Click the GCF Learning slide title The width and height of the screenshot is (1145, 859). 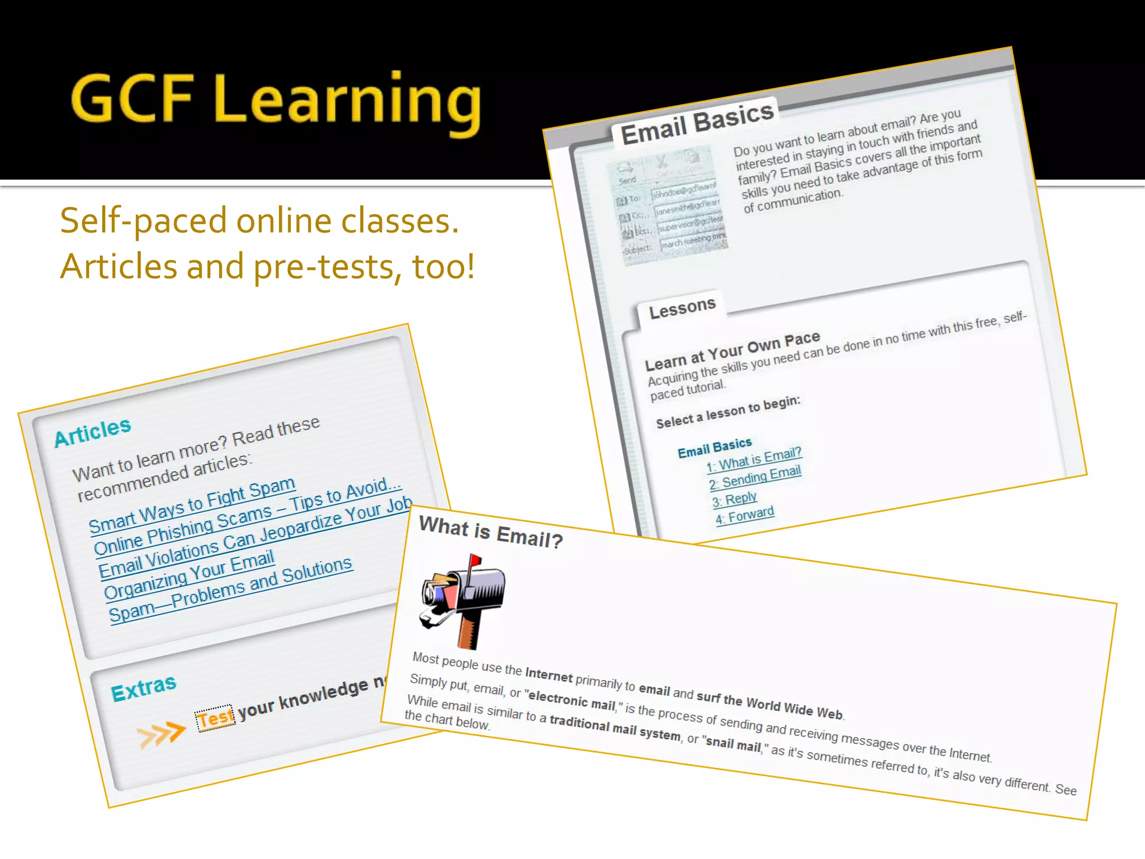tap(276, 100)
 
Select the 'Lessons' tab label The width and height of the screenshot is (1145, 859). tap(682, 308)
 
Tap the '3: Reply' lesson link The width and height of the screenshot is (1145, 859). tap(735, 498)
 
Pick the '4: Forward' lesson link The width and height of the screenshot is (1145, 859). tap(745, 515)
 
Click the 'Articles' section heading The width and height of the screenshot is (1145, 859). tap(93, 432)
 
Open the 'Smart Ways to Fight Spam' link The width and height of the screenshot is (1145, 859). tap(192, 505)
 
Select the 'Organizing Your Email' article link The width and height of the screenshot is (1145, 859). tap(189, 574)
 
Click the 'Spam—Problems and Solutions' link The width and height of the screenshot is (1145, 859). tap(230, 589)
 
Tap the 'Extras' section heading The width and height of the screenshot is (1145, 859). tap(144, 688)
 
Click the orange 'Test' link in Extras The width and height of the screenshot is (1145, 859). tap(215, 718)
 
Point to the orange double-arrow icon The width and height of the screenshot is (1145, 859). tap(161, 734)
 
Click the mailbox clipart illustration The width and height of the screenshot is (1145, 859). tap(463, 601)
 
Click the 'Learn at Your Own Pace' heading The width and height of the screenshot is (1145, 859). tap(732, 351)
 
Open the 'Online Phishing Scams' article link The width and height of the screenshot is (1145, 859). tap(247, 517)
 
